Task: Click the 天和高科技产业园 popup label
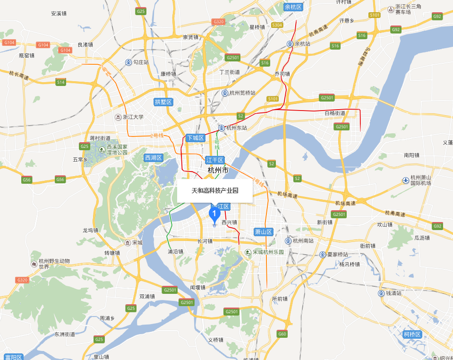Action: [x=215, y=191]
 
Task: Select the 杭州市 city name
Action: [x=218, y=170]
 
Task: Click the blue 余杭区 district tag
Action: [x=293, y=7]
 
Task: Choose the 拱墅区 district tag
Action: [x=163, y=102]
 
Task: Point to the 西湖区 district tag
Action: [x=153, y=158]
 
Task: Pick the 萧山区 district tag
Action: [x=264, y=232]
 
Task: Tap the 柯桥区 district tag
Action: [x=412, y=334]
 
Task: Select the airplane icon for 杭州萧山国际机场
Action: [x=405, y=180]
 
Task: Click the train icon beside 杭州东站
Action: [x=221, y=128]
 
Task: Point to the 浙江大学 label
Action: [x=133, y=117]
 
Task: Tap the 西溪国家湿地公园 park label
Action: [x=117, y=149]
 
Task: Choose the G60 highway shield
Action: [x=282, y=334]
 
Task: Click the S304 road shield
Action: [x=277, y=25]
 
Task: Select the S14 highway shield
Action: [x=60, y=82]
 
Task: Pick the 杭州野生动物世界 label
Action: [x=54, y=264]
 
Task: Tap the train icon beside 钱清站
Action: [x=381, y=293]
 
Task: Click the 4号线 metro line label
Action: [x=217, y=144]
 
